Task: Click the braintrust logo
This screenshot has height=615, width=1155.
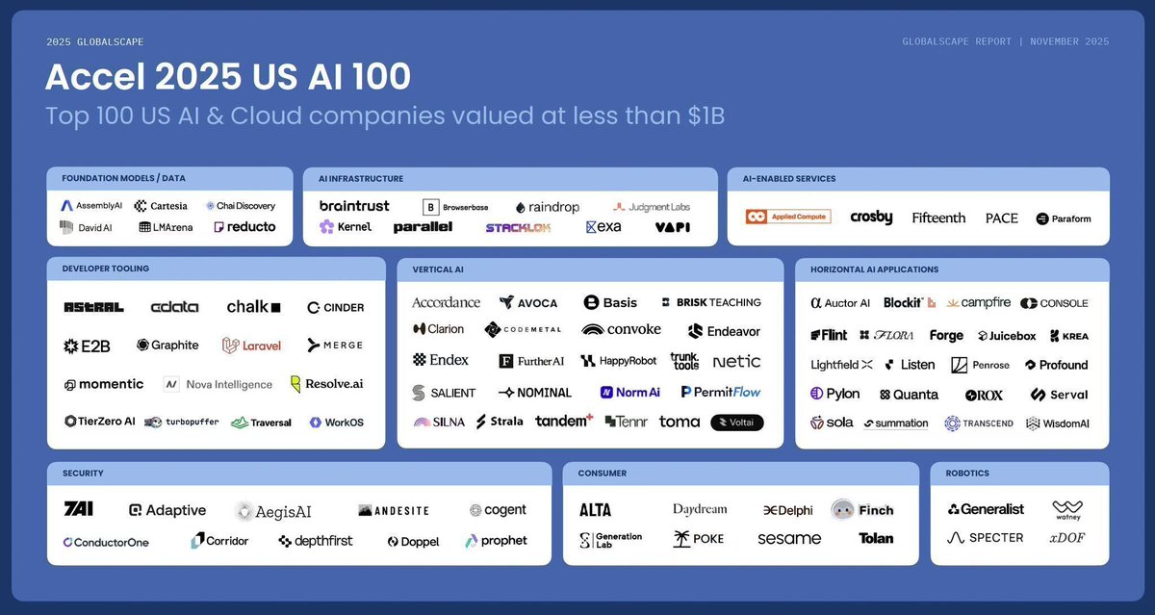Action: [354, 206]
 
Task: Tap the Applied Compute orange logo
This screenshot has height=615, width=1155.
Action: [787, 218]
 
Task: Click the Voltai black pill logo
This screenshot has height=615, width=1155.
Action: [736, 422]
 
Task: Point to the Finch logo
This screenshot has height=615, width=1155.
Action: [862, 509]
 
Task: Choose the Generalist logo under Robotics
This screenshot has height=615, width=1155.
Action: [986, 509]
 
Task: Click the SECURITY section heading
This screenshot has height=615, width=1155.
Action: [83, 474]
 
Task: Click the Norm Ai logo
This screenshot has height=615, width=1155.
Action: [630, 392]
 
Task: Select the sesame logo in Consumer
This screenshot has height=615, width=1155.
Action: [788, 539]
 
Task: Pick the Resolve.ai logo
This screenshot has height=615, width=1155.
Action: [326, 384]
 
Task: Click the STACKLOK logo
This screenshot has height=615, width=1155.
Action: [518, 228]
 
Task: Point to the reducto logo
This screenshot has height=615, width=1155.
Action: [244, 227]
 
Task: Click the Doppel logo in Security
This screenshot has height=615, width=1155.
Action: [413, 542]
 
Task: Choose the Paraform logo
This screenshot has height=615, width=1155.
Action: [1064, 218]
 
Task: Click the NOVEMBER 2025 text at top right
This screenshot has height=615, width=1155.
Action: [1069, 41]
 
